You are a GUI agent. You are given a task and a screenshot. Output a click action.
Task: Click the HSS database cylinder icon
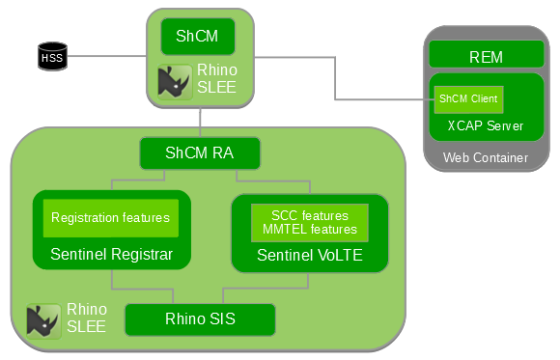coord(51,57)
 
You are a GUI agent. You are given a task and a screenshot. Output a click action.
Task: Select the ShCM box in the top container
coord(197,37)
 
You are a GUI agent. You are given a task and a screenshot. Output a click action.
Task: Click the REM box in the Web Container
coord(486,57)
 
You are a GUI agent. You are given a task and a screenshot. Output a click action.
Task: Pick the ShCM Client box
coord(467,98)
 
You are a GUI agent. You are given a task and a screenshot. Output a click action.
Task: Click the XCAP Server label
coord(486,125)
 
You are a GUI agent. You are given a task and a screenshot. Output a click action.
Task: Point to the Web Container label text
coord(486,157)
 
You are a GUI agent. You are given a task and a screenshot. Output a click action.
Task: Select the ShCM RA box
coord(199,152)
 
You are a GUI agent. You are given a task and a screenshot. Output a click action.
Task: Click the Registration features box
coord(110,218)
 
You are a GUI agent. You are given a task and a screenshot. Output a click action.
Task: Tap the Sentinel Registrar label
coord(111,255)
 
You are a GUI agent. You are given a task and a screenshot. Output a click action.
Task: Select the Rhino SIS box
coord(200,319)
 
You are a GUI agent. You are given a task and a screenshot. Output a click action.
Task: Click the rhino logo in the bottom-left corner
coord(42,321)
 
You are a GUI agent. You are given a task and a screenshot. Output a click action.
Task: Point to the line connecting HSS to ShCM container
coord(106,56)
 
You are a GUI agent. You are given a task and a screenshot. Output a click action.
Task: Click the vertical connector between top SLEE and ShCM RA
coord(200,121)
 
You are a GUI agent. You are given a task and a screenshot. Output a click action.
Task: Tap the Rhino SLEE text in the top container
coord(216,79)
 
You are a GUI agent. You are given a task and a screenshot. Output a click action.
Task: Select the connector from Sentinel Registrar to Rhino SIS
coord(112,280)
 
